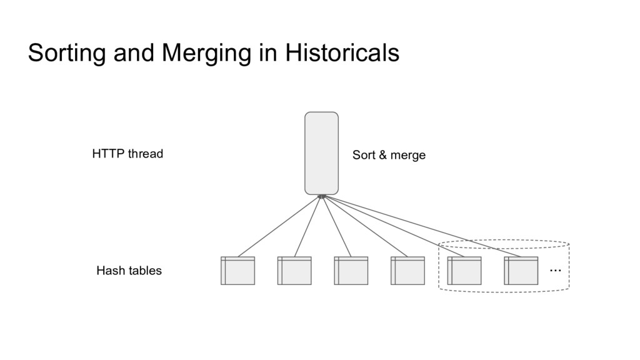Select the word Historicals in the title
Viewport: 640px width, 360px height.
tap(342, 53)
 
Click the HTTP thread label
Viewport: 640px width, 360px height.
tap(127, 154)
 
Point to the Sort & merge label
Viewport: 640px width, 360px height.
tap(389, 155)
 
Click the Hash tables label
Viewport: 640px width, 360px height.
tap(129, 271)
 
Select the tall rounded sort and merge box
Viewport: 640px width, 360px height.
tap(321, 153)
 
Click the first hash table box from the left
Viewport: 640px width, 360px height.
tap(237, 271)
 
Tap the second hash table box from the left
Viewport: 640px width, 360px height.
tap(294, 271)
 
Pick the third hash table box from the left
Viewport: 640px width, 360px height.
tap(351, 271)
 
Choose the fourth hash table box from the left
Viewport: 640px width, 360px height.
tap(407, 271)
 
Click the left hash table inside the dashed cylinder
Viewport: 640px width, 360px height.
tap(464, 271)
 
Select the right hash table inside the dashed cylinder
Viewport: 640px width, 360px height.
tap(521, 271)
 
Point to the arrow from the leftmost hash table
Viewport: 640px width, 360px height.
tap(279, 226)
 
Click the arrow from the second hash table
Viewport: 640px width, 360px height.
tap(307, 226)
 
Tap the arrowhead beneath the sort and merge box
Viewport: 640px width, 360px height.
tap(322, 197)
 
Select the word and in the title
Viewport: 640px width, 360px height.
tap(135, 53)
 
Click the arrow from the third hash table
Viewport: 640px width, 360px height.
tap(336, 226)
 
